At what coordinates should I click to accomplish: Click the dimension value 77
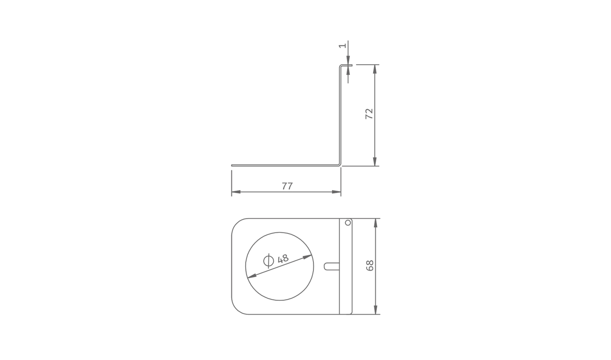coord(287,186)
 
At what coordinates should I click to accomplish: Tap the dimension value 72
coord(369,113)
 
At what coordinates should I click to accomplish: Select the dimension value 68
coord(370,265)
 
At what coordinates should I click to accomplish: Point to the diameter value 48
coord(283,258)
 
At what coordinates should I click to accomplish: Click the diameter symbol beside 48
coord(268,261)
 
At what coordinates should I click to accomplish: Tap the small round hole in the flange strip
coord(348,223)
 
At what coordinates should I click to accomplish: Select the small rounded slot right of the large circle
coord(332,267)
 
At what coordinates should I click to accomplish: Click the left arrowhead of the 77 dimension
coord(236,192)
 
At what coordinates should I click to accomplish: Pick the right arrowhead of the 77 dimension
coord(336,192)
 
